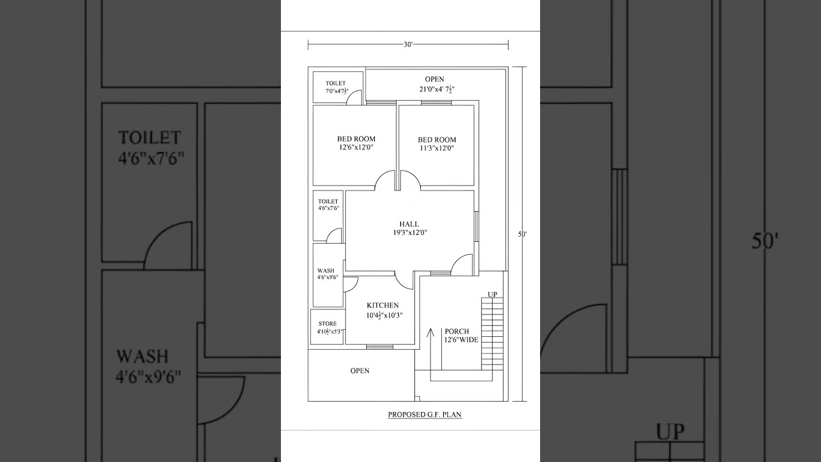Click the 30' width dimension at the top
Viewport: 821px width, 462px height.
[408, 44]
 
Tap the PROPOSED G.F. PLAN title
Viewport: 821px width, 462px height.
[425, 415]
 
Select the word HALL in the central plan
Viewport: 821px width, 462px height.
[409, 224]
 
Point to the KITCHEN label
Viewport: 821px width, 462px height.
[382, 305]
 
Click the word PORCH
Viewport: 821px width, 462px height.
[457, 332]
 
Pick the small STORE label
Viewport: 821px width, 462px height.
[327, 324]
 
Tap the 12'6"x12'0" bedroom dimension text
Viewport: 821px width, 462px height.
[356, 148]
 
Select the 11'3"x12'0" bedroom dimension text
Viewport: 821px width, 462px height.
[437, 148]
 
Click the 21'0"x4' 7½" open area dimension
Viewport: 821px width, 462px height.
[434, 89]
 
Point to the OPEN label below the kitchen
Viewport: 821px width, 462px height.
[360, 371]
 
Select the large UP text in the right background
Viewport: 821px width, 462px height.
[670, 431]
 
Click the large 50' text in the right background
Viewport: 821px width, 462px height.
[765, 242]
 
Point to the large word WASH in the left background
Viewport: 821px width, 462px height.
[142, 356]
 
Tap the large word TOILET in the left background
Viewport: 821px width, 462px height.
[149, 138]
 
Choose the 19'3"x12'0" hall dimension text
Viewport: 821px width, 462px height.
[410, 233]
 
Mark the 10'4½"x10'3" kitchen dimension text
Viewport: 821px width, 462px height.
[382, 315]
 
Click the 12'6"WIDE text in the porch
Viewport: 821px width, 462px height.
[461, 340]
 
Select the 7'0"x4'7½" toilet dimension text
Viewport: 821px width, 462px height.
[336, 91]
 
